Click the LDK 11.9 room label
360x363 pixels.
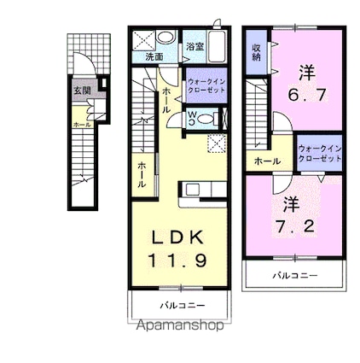tap(179, 248)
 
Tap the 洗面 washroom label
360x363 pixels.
tap(154, 56)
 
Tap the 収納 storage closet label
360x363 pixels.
tap(256, 50)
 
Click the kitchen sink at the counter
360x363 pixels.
tap(194, 190)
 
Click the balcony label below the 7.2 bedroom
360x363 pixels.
tap(294, 275)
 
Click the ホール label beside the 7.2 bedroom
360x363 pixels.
tap(262, 159)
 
